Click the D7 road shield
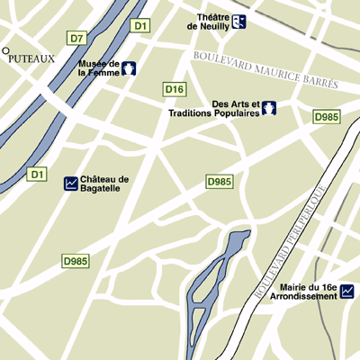[77, 38]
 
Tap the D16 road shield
[174, 89]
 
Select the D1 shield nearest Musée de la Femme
[139, 26]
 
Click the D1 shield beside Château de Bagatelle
[37, 173]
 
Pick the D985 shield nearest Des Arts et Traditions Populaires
[326, 117]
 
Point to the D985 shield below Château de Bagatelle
[76, 261]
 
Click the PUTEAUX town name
[31, 58]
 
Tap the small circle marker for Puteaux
[5, 51]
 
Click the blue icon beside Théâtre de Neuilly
[238, 22]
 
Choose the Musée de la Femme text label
[99, 68]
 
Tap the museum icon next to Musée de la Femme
[130, 68]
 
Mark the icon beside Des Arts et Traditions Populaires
[267, 109]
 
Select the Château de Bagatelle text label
[104, 184]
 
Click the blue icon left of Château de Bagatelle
[71, 184]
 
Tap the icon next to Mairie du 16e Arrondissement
[346, 291]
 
